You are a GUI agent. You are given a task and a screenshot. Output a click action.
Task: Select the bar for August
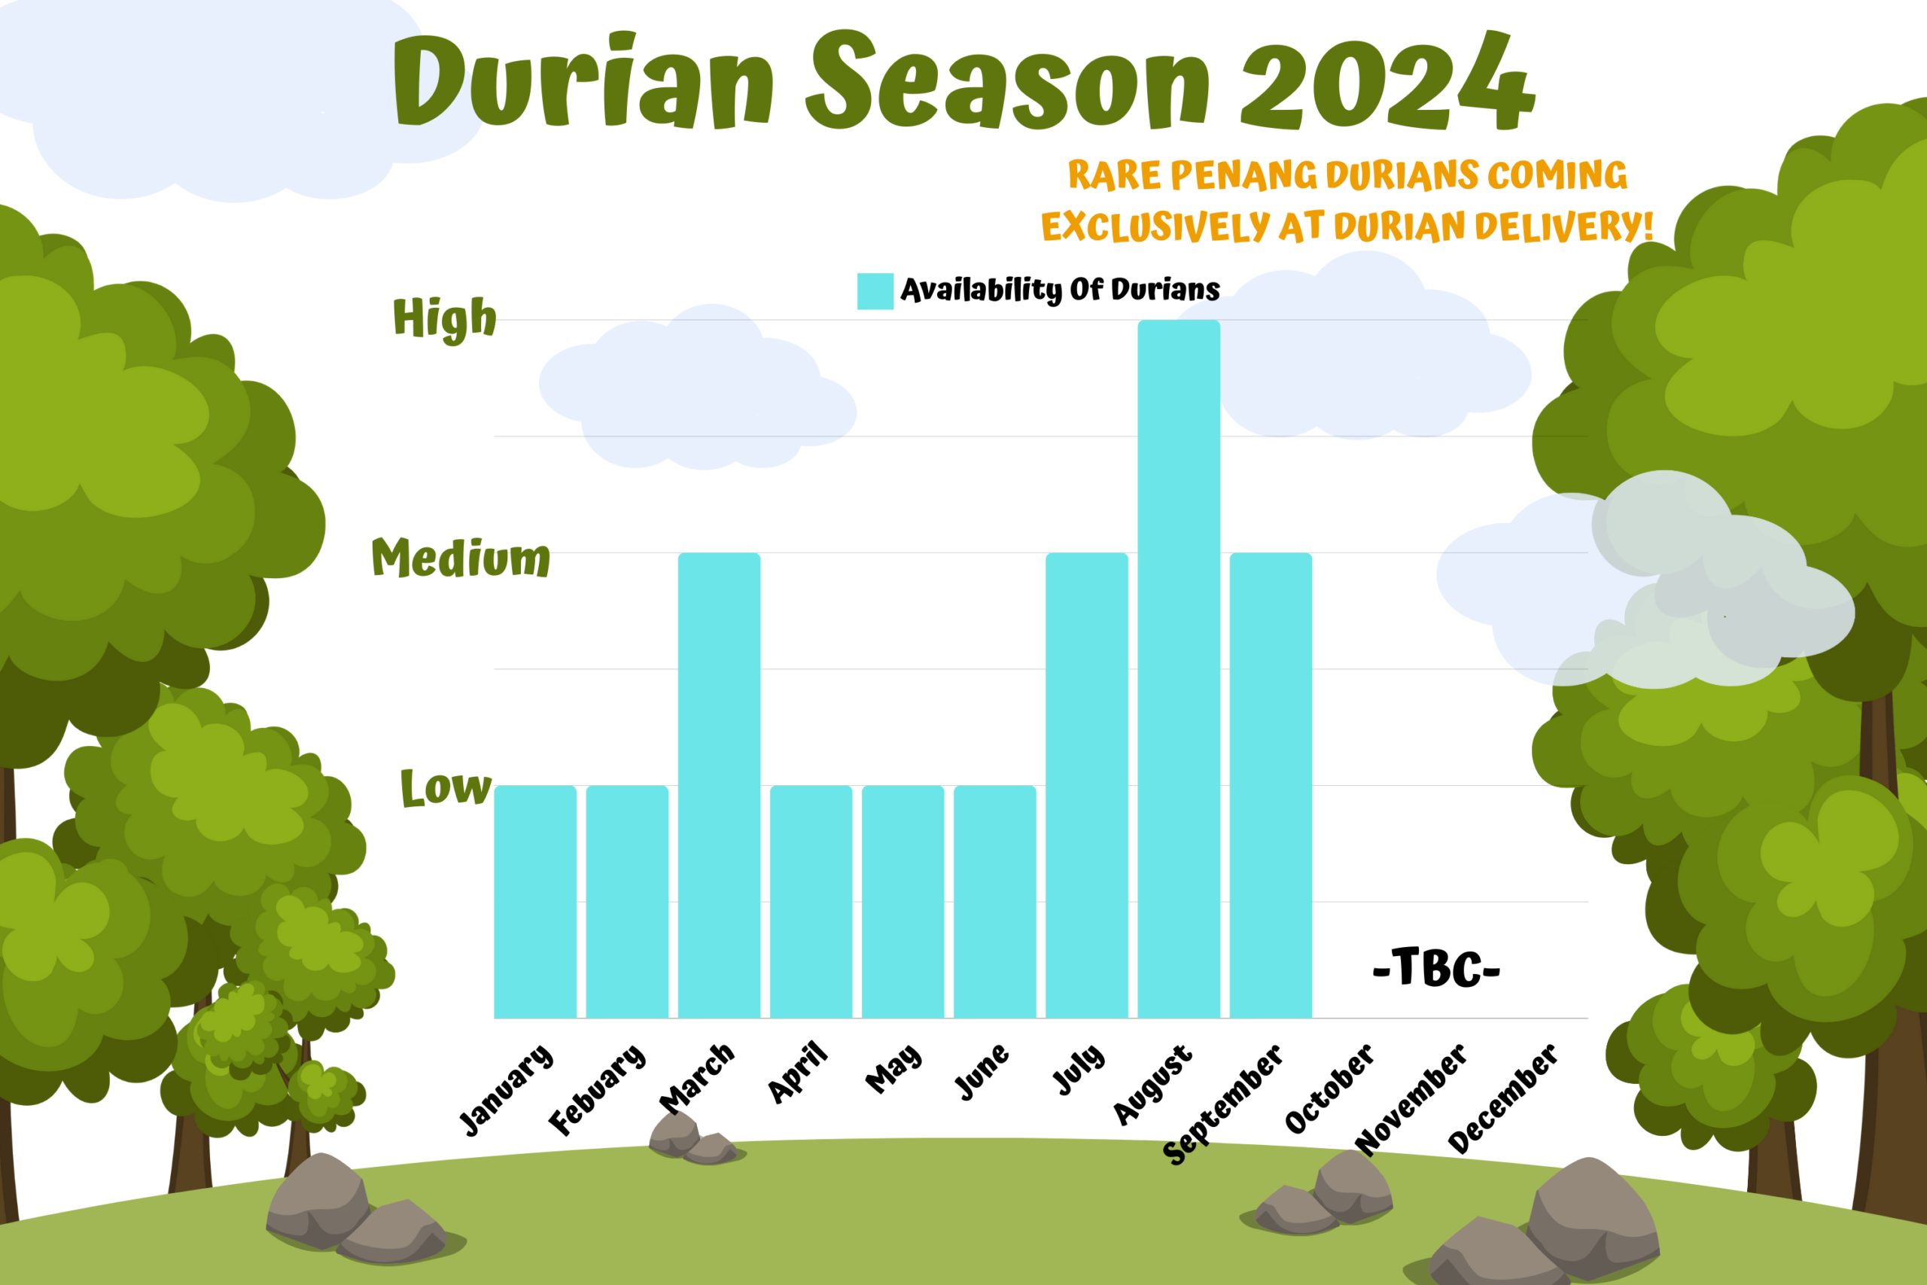1178,668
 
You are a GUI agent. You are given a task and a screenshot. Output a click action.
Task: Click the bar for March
720,785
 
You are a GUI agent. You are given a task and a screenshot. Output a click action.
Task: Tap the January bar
535,902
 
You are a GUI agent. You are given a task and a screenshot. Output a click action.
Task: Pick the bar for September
1271,785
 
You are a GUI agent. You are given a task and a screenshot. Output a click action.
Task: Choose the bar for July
1086,785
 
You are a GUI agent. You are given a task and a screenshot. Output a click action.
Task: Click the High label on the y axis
445,318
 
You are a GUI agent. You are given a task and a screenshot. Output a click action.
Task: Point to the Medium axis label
461,558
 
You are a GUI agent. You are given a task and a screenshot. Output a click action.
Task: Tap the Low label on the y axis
446,787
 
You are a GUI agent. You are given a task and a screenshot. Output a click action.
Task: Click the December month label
1502,1098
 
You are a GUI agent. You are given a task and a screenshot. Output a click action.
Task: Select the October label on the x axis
1329,1089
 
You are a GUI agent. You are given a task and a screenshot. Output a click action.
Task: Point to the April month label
797,1073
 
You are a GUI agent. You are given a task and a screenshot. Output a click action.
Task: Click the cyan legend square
875,291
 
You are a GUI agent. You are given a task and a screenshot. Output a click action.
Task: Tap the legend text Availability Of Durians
1060,290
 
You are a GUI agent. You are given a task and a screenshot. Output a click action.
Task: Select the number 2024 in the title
1388,81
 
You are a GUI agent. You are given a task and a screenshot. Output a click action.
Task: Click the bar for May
903,902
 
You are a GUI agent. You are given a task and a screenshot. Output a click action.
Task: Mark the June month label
982,1071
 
